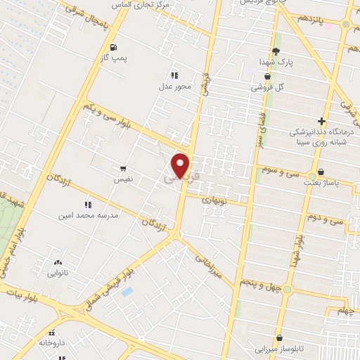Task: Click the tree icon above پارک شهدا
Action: coord(276,51)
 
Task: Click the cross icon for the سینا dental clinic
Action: coord(322,121)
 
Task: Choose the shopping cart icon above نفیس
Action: coord(124,169)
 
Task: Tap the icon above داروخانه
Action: coord(51,333)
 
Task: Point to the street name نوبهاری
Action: coord(217,200)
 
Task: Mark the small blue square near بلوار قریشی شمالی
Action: coord(127,291)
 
